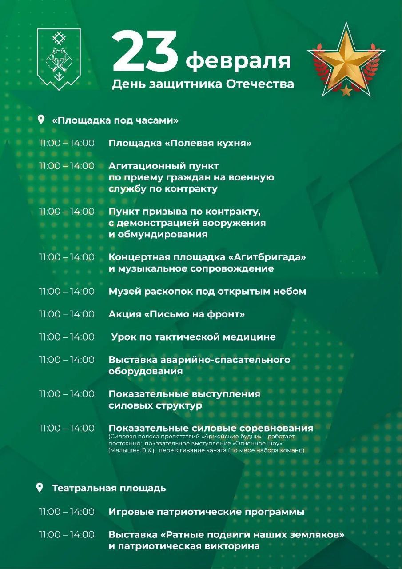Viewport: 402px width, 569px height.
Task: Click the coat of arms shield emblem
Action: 59,59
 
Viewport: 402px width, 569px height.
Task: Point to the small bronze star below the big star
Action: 346,91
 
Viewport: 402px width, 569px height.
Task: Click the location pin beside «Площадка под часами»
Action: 41,120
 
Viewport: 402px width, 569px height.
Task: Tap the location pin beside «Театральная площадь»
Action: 40,488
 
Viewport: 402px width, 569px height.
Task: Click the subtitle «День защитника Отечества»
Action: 203,84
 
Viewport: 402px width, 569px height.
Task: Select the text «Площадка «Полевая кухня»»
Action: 180,143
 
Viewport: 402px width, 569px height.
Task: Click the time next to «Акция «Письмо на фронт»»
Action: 67,314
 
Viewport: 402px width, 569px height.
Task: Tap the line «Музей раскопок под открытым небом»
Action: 207,292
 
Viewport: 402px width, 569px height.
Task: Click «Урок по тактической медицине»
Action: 193,337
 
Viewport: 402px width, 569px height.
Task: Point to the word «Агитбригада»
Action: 270,257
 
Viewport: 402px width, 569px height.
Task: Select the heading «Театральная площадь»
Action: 109,488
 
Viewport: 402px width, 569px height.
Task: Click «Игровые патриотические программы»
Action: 206,512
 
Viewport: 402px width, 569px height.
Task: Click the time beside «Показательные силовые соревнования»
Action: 67,428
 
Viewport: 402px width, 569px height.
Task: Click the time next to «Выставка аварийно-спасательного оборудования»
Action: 67,360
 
